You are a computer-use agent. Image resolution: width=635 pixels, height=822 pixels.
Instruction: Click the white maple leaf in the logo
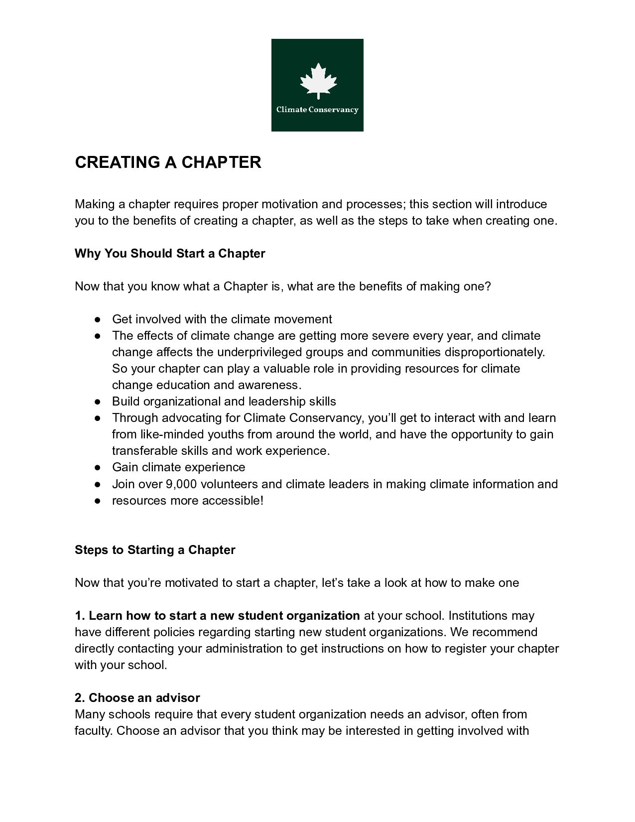pos(318,81)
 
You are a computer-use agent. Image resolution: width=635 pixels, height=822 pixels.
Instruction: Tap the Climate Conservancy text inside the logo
pos(317,110)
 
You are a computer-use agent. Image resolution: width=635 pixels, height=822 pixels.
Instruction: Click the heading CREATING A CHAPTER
pos(168,162)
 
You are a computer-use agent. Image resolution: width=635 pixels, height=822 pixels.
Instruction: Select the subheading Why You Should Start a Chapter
pos(170,254)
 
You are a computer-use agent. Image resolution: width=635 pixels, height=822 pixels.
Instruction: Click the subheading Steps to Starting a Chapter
pos(155,550)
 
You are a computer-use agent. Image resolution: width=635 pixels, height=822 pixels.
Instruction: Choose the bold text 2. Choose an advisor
pos(137,698)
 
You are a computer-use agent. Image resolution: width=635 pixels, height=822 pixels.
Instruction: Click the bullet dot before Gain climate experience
pos(98,468)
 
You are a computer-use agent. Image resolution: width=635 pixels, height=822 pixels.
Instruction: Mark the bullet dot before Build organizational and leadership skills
pos(98,402)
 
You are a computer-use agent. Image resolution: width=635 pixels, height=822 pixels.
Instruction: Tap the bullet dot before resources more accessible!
pos(98,501)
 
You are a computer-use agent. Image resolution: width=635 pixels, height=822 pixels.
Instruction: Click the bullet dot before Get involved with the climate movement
pos(98,319)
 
